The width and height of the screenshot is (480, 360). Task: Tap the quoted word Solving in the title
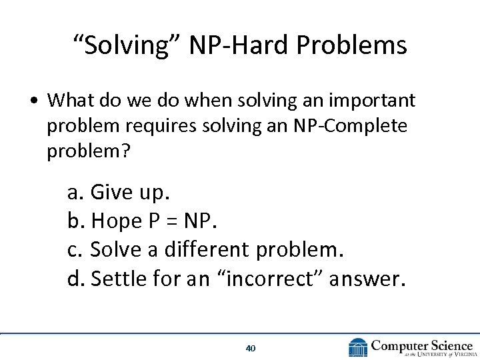127,45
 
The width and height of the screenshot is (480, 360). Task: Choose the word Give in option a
111,194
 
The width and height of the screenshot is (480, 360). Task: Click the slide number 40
251,348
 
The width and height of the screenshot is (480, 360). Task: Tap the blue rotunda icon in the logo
358,347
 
